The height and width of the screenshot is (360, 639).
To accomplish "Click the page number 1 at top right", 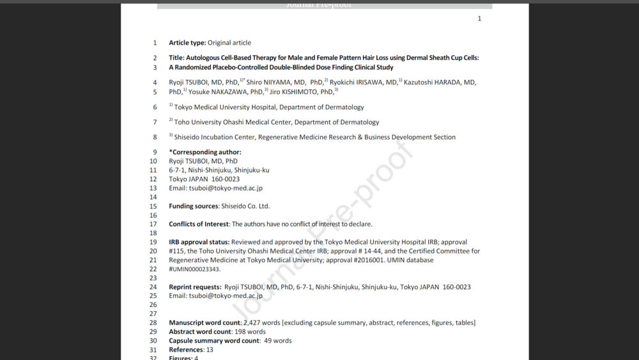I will pos(479,19).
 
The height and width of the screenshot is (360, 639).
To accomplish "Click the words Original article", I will pos(229,43).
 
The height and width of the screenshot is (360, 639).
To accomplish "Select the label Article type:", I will pos(187,43).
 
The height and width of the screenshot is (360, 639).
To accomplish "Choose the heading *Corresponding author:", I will pos(205,152).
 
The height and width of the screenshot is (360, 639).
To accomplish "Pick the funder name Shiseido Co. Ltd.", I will pos(245,207).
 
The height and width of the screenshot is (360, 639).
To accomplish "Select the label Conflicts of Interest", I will pos(199,224).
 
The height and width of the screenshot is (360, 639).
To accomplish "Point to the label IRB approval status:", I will pos(199,242).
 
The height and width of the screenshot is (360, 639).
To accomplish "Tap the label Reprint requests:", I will pos(195,287).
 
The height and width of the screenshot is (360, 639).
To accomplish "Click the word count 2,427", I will pos(253,323).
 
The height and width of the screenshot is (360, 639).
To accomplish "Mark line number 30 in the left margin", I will pos(153,341).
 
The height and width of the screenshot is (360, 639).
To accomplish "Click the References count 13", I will pos(210,350).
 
